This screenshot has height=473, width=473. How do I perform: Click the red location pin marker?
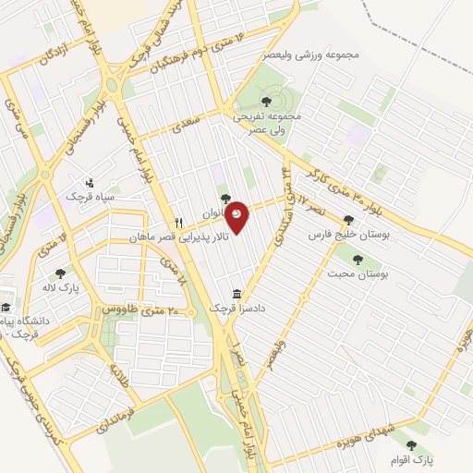coord(237,214)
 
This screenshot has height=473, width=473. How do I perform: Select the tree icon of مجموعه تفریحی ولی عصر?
coord(266,102)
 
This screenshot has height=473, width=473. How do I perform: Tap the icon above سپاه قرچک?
coord(89,181)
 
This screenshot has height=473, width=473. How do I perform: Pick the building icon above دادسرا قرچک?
coord(238,294)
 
